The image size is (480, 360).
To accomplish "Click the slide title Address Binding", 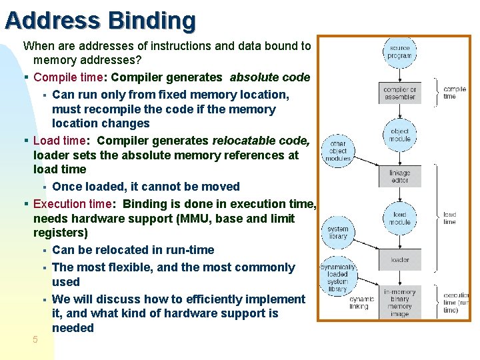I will (100, 21).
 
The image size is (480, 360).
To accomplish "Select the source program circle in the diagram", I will (399, 52).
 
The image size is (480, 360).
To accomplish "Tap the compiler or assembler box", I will (399, 93).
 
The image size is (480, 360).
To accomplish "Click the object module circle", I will (399, 135).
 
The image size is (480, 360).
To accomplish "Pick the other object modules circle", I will (337, 151).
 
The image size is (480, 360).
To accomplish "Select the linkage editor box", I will (399, 177).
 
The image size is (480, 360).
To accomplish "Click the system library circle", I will (337, 232).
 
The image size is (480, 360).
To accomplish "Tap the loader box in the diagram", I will (399, 260).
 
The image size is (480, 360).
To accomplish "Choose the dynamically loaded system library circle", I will (337, 278).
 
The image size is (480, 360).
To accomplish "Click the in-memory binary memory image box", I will (399, 303).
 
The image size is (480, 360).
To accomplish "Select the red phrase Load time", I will (59, 141).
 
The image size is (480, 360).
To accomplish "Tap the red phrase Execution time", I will (74, 204).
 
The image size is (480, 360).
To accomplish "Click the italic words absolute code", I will (269, 77).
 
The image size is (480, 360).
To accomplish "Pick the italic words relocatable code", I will (260, 141).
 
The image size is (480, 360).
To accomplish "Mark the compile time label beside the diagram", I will (454, 93).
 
